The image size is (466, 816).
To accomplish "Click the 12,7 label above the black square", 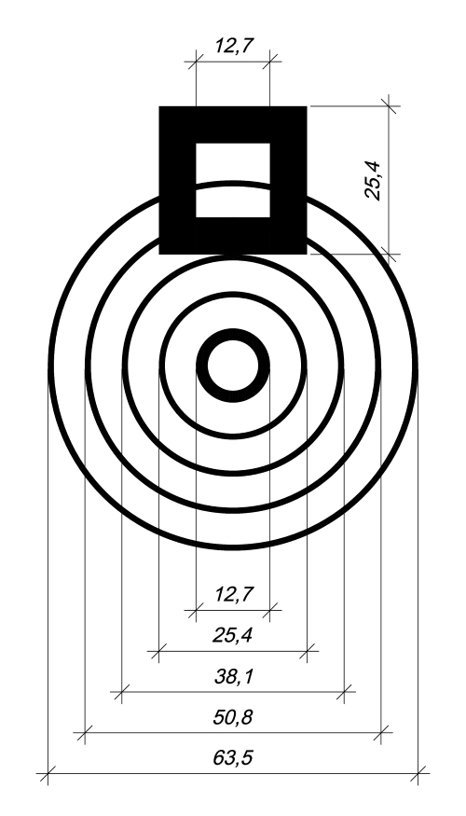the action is [234, 46].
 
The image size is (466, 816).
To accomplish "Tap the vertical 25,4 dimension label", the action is [373, 181].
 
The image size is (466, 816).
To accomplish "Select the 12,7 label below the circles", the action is [234, 594].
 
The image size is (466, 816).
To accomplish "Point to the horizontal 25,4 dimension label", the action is [232, 635].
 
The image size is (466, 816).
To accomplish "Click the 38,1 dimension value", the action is [234, 676].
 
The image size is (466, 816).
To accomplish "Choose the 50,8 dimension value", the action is [232, 718].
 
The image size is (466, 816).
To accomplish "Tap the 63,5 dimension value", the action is [232, 757].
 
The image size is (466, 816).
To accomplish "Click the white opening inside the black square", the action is [233, 180].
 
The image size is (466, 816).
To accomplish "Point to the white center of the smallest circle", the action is [233, 366].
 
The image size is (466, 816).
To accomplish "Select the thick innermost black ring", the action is [233, 334].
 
